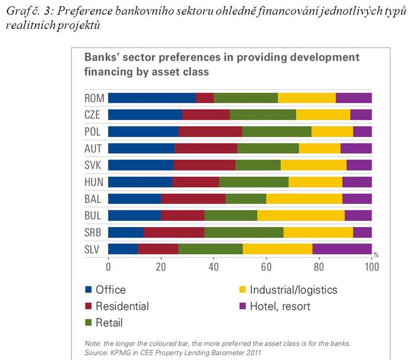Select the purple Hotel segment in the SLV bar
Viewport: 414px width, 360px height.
(342, 249)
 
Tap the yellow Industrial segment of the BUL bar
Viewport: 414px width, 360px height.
(301, 215)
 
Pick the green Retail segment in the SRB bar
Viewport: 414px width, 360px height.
(244, 232)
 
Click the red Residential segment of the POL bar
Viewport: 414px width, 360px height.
(210, 132)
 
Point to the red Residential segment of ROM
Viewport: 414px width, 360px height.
(205, 98)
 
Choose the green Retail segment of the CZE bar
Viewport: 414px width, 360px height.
(263, 115)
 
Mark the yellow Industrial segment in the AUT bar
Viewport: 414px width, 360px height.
(319, 149)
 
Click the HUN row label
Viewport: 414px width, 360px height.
(93, 182)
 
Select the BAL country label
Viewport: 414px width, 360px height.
(93, 199)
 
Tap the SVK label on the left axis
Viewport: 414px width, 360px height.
(93, 165)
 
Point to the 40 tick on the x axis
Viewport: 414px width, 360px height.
(213, 267)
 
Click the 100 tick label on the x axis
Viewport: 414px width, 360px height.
(371, 267)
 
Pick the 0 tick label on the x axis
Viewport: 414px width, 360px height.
(108, 267)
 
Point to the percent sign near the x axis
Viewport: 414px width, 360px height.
(376, 255)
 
